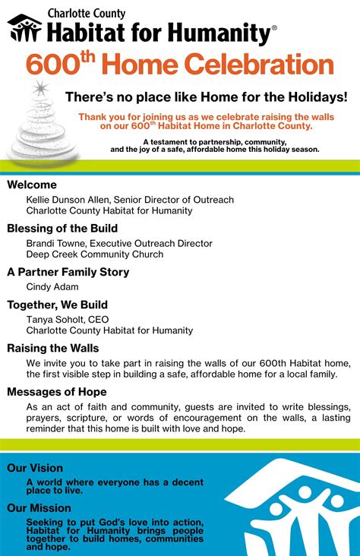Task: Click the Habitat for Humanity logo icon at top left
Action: (24, 29)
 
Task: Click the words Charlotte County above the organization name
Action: (87, 13)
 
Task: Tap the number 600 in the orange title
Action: (53, 65)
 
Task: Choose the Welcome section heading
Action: (32, 185)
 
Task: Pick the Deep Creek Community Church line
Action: (95, 254)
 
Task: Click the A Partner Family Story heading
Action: (68, 272)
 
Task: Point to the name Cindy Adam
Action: (52, 287)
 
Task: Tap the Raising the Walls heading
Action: (53, 348)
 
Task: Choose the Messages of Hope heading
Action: (57, 392)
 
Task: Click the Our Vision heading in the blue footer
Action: (35, 468)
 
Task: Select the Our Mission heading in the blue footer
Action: (39, 508)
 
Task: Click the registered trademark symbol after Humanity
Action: (274, 27)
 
